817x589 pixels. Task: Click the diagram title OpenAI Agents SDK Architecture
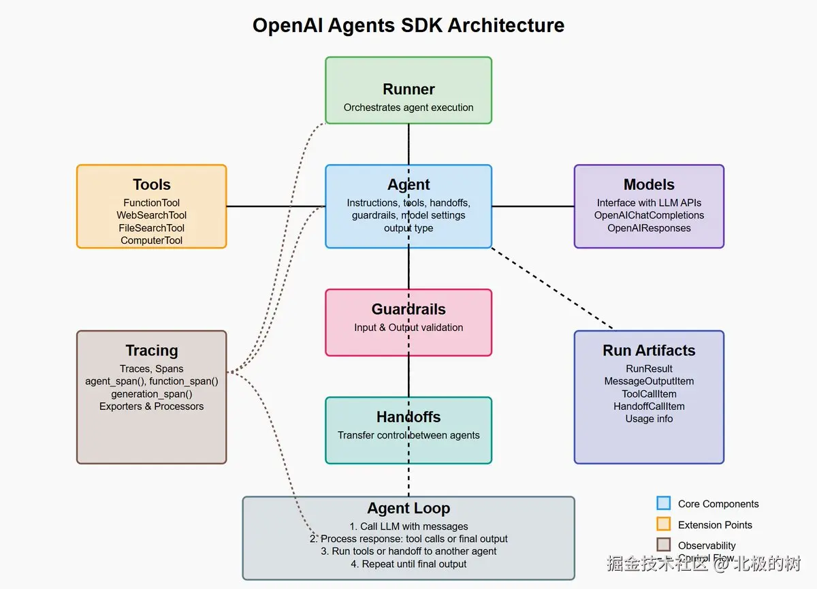click(408, 25)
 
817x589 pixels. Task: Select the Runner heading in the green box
click(408, 89)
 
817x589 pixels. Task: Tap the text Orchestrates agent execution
click(408, 108)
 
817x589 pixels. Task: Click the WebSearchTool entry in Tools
click(151, 215)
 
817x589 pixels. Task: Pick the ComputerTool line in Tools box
click(151, 240)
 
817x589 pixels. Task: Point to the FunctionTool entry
click(151, 203)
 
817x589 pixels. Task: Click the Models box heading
click(649, 185)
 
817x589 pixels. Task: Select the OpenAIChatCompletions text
click(649, 215)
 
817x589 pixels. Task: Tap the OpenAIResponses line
click(649, 228)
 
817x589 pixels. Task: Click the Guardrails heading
click(408, 309)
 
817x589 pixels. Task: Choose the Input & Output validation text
click(408, 328)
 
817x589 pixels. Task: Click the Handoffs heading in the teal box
click(408, 417)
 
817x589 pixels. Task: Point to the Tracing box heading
click(151, 351)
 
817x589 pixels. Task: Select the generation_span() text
click(151, 394)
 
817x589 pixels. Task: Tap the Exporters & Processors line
click(151, 407)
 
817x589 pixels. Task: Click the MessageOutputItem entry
click(649, 381)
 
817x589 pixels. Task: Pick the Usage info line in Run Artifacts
click(649, 419)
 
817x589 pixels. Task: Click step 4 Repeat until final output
click(408, 564)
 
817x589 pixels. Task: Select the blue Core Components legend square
click(663, 504)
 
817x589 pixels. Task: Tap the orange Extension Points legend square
click(663, 524)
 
